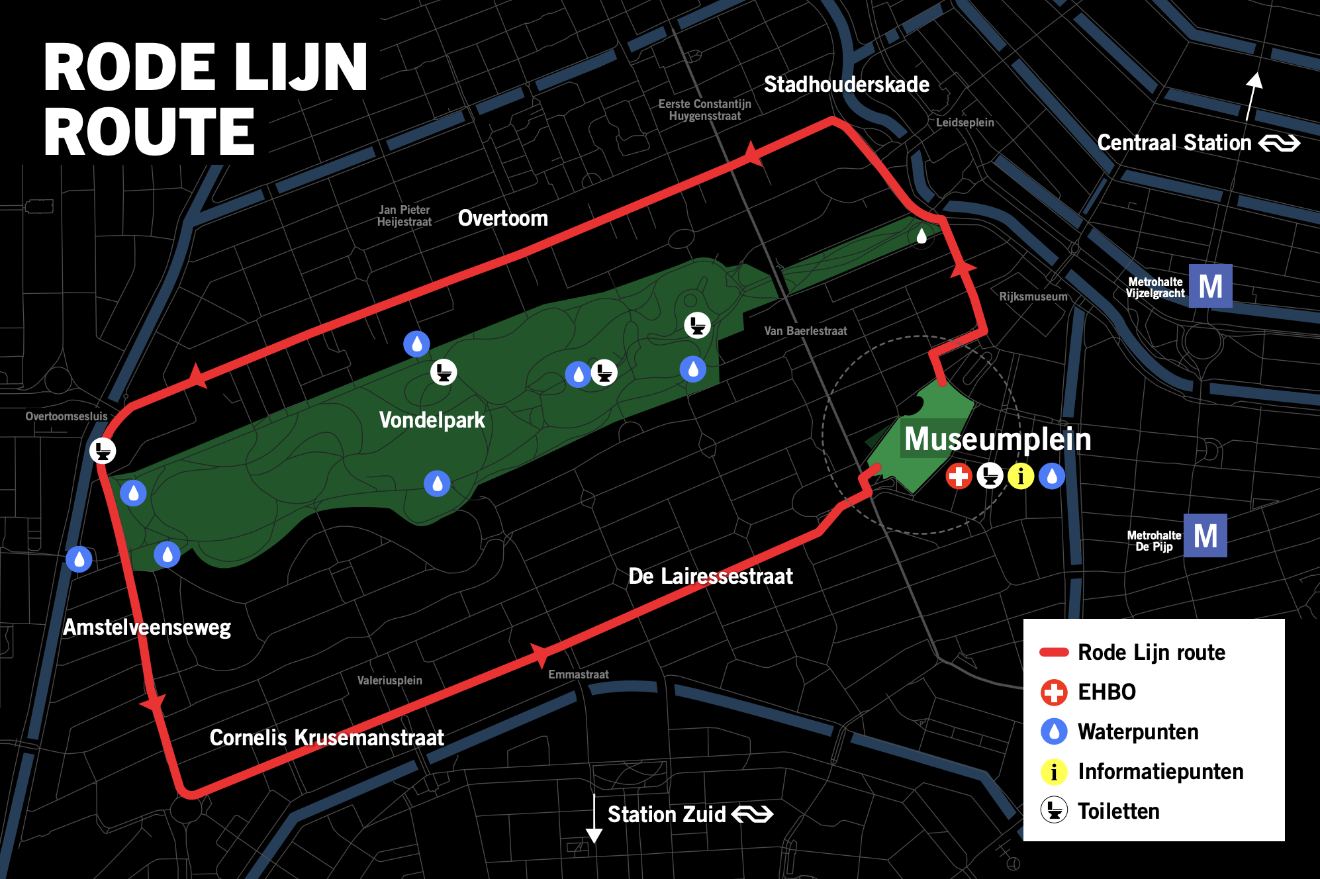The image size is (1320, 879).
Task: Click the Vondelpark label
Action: click(432, 420)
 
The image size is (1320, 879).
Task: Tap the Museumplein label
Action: click(997, 439)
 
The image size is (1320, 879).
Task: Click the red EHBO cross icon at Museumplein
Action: click(958, 476)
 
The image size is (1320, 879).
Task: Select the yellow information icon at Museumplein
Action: click(1020, 476)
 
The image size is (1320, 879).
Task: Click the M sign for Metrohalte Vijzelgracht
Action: click(1210, 286)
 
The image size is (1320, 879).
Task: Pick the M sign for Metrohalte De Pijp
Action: click(1205, 535)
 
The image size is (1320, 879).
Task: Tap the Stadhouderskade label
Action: click(846, 85)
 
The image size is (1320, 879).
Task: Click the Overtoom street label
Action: click(502, 218)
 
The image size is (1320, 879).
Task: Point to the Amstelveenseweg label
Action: click(146, 627)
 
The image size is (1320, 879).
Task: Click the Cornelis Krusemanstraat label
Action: click(326, 737)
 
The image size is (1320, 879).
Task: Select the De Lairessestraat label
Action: click(710, 577)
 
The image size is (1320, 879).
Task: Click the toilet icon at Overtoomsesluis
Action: click(103, 451)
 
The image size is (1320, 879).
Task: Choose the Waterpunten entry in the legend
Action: click(1137, 732)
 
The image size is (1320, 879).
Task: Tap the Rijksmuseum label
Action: click(1033, 297)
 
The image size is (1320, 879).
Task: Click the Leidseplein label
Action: click(965, 122)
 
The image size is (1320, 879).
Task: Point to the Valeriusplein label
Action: click(389, 680)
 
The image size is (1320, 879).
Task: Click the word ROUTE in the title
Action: click(149, 132)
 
